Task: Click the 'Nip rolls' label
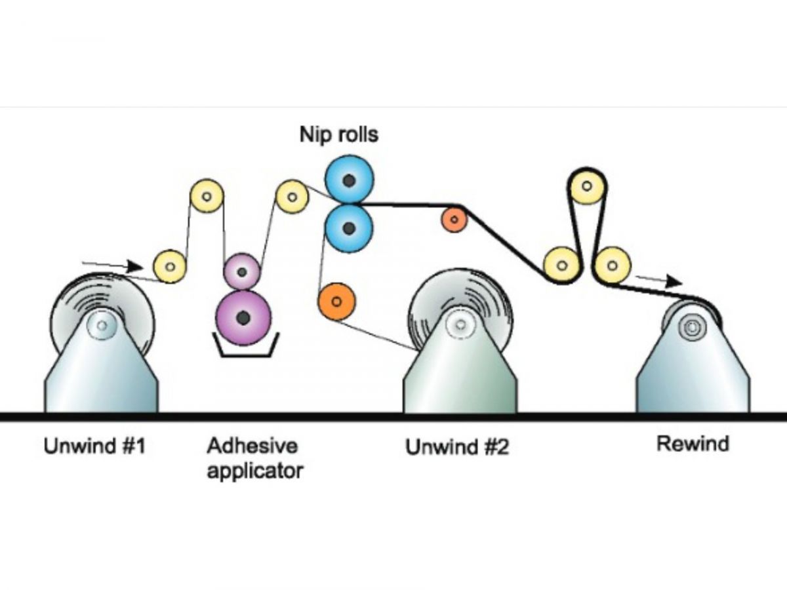pyautogui.click(x=339, y=134)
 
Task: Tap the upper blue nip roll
pyautogui.click(x=349, y=180)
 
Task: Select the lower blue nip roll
pyautogui.click(x=349, y=229)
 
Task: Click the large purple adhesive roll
pyautogui.click(x=243, y=317)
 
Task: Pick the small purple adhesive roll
pyautogui.click(x=242, y=272)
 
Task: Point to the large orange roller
pyautogui.click(x=336, y=302)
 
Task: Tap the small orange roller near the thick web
pyautogui.click(x=454, y=219)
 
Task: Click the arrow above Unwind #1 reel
pyautogui.click(x=112, y=265)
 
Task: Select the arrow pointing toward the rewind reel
pyautogui.click(x=659, y=281)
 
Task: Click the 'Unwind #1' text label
pyautogui.click(x=94, y=446)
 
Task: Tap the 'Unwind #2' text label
pyautogui.click(x=457, y=447)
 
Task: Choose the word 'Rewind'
pyautogui.click(x=693, y=444)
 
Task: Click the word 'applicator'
pyautogui.click(x=255, y=471)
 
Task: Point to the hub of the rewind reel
pyautogui.click(x=693, y=327)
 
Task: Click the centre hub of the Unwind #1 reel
pyautogui.click(x=102, y=325)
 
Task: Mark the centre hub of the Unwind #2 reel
pyautogui.click(x=461, y=325)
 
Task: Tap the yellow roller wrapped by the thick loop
pyautogui.click(x=587, y=186)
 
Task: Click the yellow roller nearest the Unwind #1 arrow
pyautogui.click(x=170, y=267)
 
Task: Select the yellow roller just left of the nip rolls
pyautogui.click(x=293, y=197)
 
